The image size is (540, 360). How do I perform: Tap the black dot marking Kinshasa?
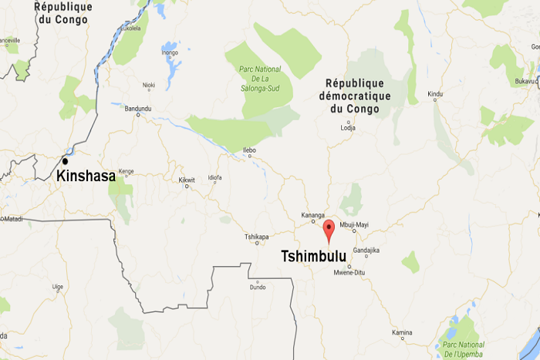(66, 161)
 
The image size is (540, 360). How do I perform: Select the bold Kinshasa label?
(86, 177)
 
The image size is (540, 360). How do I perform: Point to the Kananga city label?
(312, 216)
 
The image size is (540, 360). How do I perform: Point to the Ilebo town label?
(248, 150)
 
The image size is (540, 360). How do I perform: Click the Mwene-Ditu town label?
(349, 273)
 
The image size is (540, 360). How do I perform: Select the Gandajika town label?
(366, 251)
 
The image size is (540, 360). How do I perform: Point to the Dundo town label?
(257, 287)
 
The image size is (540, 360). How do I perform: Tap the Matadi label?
(12, 219)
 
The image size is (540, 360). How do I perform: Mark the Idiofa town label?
(215, 178)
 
